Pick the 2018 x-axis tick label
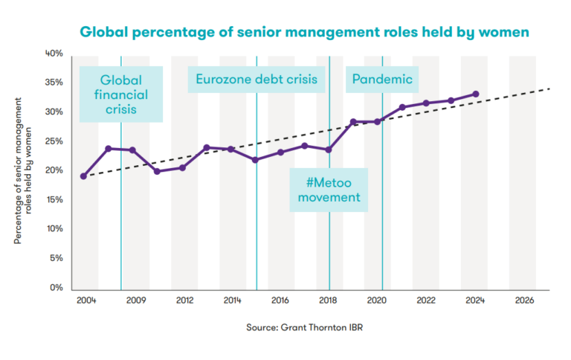click(x=329, y=301)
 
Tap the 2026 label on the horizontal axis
click(x=524, y=301)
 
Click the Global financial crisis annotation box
click(x=124, y=95)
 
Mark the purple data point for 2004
click(x=83, y=176)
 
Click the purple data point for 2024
click(x=476, y=94)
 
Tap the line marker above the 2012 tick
click(x=182, y=167)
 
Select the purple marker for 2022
click(x=426, y=103)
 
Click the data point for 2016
click(x=280, y=152)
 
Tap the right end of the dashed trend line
click(x=550, y=89)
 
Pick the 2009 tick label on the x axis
click(x=134, y=301)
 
